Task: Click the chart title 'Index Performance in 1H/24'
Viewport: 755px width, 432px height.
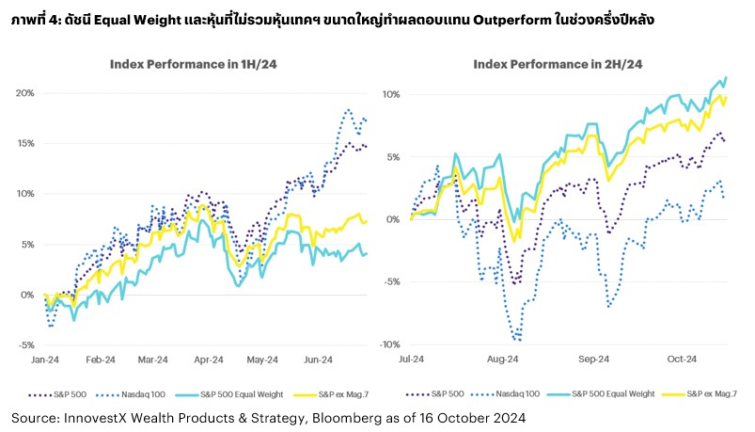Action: tap(185, 64)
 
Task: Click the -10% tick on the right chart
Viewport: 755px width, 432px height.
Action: tap(390, 344)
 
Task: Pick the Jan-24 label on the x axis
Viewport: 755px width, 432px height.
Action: tap(45, 359)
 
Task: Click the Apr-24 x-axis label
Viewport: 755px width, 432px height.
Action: tap(209, 359)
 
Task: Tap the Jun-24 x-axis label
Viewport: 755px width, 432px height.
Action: tap(319, 359)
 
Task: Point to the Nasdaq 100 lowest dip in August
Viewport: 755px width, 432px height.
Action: tap(517, 340)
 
